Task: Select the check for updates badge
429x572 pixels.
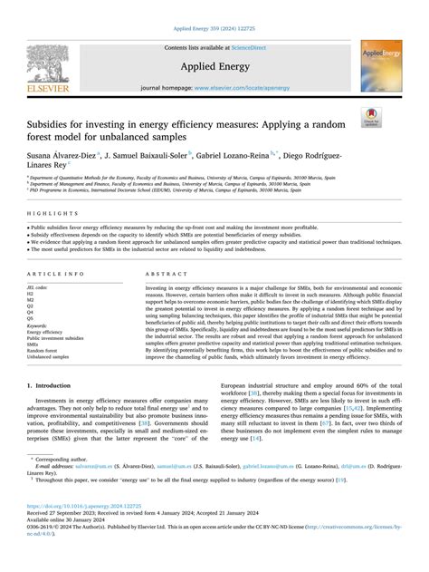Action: [x=396, y=115]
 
